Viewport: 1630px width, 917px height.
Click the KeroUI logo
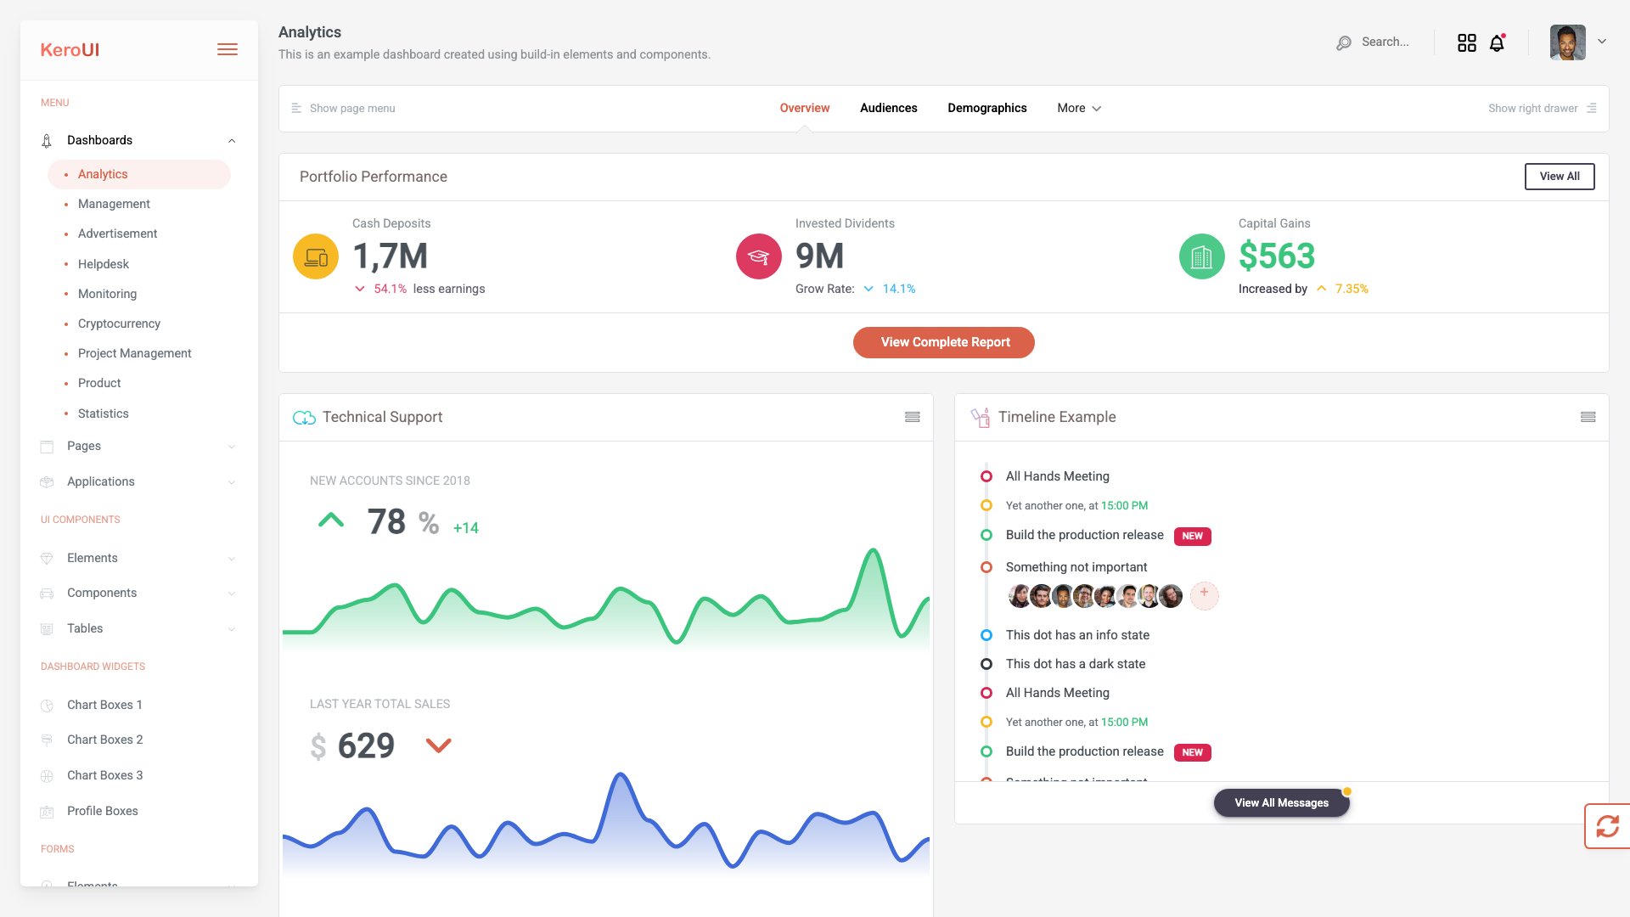point(70,50)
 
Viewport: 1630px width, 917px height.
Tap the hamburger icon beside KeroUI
point(228,50)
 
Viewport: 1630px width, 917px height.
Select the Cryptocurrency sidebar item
point(119,323)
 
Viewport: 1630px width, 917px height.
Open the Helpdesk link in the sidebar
point(104,264)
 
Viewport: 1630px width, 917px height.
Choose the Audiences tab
point(888,108)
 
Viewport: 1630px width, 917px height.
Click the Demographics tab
point(986,108)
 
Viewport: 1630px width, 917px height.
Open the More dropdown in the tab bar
point(1078,108)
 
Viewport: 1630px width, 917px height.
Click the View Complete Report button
point(943,342)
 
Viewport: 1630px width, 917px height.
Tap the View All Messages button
point(1281,802)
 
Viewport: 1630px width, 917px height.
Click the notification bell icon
point(1497,43)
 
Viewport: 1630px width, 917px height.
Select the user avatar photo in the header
point(1567,42)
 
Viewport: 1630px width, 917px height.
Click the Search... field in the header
point(1385,42)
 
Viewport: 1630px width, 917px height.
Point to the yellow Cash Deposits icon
point(316,256)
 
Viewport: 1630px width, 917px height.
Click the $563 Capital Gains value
point(1276,256)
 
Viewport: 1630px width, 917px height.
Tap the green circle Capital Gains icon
point(1201,256)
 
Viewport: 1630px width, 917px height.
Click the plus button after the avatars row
point(1204,595)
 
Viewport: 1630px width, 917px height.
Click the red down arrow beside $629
point(438,745)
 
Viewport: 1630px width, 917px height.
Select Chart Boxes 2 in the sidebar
point(104,740)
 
